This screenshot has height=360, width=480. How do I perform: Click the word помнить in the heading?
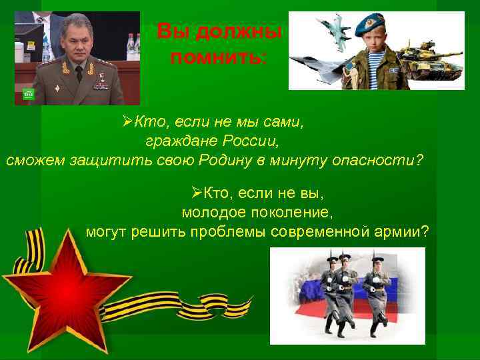click(x=217, y=57)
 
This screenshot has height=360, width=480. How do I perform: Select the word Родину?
click(x=227, y=161)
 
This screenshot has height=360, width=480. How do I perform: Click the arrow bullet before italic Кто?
click(x=128, y=121)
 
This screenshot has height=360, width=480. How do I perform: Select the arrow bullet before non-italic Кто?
click(x=196, y=193)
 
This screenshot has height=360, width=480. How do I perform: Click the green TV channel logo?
click(x=28, y=94)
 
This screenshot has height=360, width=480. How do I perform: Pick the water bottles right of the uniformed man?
click(x=132, y=45)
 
